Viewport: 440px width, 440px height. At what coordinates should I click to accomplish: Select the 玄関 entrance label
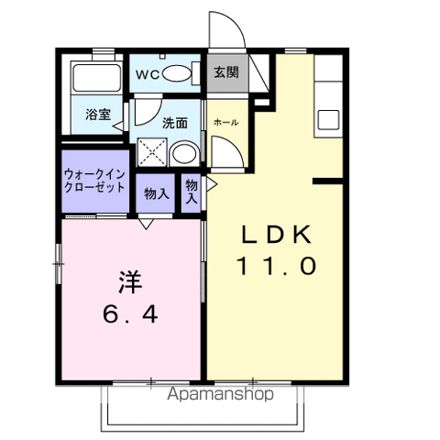click(x=226, y=71)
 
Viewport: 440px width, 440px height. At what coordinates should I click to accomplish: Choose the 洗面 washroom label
click(x=175, y=121)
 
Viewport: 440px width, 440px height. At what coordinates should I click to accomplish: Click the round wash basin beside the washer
click(x=184, y=153)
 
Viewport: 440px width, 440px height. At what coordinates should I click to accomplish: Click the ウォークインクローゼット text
click(x=95, y=180)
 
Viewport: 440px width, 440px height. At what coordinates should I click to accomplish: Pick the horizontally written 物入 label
click(x=156, y=193)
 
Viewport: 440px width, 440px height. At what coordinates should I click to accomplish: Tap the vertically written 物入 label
click(x=192, y=191)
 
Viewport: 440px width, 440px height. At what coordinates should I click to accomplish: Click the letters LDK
click(x=277, y=235)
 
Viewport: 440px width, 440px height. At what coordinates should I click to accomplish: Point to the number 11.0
click(x=277, y=267)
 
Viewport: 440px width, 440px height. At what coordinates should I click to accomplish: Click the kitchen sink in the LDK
click(x=327, y=118)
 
